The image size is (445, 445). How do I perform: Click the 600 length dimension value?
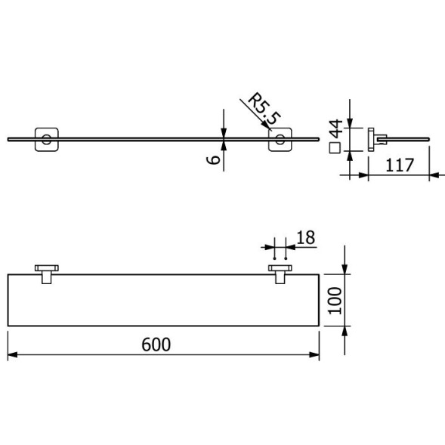[x=156, y=344]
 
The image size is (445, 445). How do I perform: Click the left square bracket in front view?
[x=47, y=138]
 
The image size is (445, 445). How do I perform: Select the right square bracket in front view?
[x=280, y=138]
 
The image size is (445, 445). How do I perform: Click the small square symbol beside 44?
[x=333, y=147]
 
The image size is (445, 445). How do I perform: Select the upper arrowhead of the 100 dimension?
[x=345, y=269]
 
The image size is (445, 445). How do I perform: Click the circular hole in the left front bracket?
[x=47, y=138]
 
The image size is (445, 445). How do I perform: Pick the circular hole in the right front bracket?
[x=280, y=138]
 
